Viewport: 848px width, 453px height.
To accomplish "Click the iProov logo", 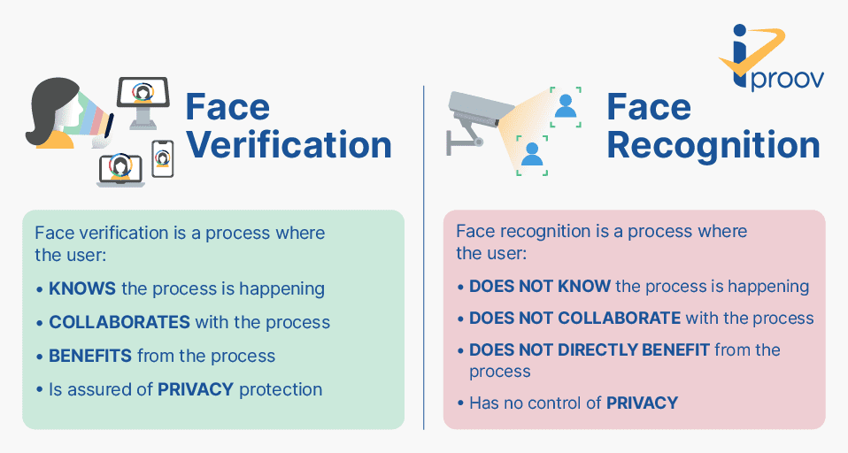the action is tap(771, 58).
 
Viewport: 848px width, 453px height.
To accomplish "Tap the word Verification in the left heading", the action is tap(289, 145).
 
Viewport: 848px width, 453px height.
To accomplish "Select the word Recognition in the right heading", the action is tap(713, 146).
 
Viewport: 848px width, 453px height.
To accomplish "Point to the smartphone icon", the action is tap(163, 159).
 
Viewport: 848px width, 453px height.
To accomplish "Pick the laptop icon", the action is tap(120, 170).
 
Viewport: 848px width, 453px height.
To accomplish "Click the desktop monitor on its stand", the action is tap(143, 103).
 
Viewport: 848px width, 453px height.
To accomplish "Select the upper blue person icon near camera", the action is tap(566, 106).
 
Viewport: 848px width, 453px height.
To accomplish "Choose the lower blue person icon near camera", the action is tap(532, 155).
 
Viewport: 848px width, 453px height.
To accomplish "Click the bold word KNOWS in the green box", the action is tap(82, 288).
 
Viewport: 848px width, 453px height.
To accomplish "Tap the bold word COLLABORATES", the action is tap(119, 322).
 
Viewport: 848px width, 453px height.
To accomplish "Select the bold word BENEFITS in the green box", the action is tap(90, 356).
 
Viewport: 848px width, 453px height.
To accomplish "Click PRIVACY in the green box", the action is tap(196, 389).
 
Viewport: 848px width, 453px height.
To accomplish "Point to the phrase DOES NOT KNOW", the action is tap(540, 286).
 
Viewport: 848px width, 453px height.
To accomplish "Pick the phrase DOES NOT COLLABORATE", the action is tap(574, 318).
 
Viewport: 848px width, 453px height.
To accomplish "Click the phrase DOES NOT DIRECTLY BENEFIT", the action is tap(590, 349).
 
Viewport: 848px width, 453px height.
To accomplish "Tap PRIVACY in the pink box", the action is tap(642, 403).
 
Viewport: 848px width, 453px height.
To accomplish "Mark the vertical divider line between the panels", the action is tap(423, 257).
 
